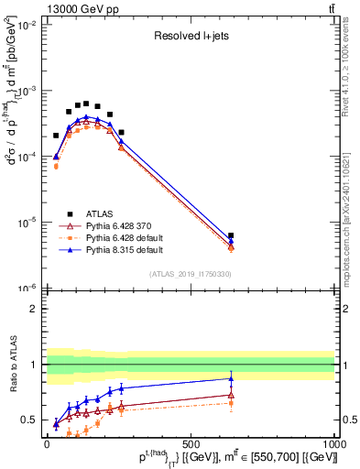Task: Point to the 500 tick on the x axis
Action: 191,442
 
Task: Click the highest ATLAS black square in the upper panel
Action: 86,104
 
